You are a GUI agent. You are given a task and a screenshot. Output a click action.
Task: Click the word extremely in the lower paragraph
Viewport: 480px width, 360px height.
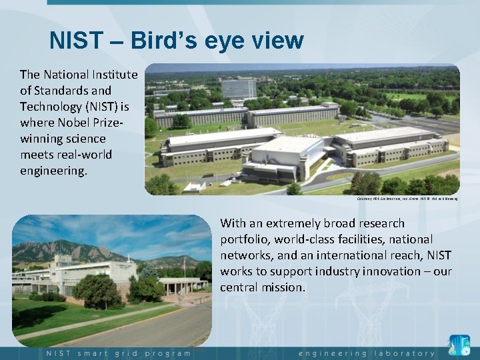click(296, 223)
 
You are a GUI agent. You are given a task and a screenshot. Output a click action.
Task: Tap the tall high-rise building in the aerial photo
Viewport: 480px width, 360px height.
click(239, 87)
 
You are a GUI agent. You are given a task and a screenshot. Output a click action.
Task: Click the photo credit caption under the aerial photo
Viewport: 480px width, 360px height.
click(407, 198)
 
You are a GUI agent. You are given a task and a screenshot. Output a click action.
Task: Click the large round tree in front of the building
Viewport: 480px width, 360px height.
click(97, 291)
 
